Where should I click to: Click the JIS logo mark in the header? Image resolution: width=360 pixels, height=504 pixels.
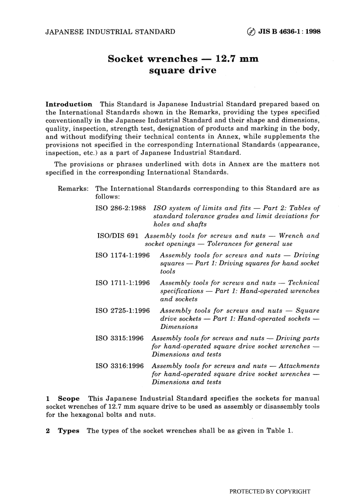pyautogui.click(x=251, y=32)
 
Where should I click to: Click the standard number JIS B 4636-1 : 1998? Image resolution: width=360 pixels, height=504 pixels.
pyautogui.click(x=289, y=32)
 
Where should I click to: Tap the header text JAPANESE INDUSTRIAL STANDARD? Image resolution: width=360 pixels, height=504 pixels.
pyautogui.click(x=110, y=32)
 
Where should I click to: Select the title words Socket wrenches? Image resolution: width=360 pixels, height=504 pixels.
pyautogui.click(x=152, y=59)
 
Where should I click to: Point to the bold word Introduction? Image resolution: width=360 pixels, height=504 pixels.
pyautogui.click(x=69, y=104)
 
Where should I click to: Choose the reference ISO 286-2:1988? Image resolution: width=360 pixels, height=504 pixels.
pyautogui.click(x=121, y=208)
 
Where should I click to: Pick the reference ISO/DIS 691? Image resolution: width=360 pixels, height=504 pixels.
pyautogui.click(x=118, y=236)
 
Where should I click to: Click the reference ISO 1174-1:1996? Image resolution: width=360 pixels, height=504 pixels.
pyautogui.click(x=122, y=255)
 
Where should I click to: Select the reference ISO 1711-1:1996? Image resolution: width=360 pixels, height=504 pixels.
pyautogui.click(x=122, y=283)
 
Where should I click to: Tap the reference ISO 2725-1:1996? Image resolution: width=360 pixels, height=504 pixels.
pyautogui.click(x=122, y=311)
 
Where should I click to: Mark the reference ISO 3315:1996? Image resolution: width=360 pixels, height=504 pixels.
pyautogui.click(x=119, y=338)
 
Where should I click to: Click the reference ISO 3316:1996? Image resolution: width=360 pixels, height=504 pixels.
pyautogui.click(x=119, y=366)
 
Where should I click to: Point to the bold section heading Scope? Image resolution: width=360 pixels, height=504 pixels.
pyautogui.click(x=69, y=399)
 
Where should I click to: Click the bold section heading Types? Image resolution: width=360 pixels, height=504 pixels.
pyautogui.click(x=68, y=431)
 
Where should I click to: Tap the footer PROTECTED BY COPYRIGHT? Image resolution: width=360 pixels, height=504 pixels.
pyautogui.click(x=270, y=492)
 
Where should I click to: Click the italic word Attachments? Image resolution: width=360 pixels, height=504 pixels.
pyautogui.click(x=299, y=366)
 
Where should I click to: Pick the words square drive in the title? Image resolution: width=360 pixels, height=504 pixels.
pyautogui.click(x=183, y=70)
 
